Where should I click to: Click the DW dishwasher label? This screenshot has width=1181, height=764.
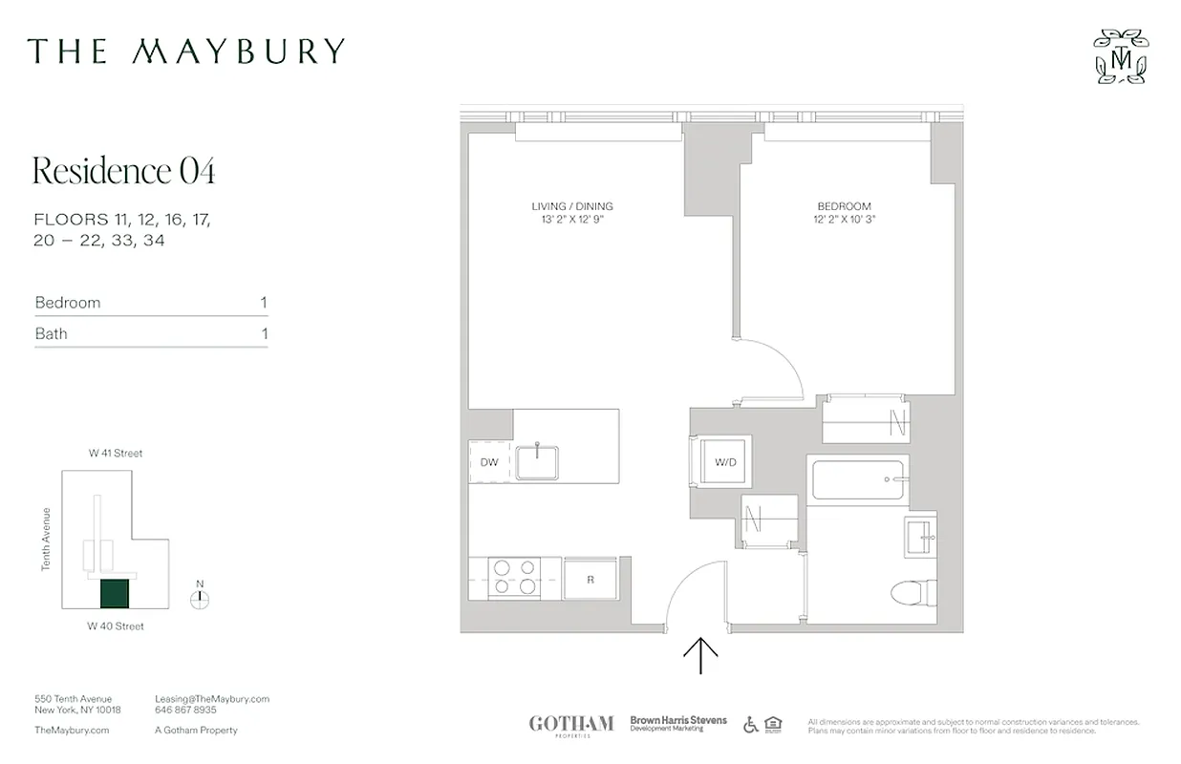point(489,463)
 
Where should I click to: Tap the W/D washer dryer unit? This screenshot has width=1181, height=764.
point(725,462)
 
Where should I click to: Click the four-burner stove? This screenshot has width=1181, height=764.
point(513,577)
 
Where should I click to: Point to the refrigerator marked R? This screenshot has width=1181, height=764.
point(590,578)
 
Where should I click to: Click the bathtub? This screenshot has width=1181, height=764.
point(857,480)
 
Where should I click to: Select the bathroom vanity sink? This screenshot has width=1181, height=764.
point(919,538)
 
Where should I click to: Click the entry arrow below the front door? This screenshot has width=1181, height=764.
point(701,656)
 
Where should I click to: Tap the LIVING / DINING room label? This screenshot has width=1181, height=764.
point(572,206)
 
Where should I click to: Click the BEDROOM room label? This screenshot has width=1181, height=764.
point(844,206)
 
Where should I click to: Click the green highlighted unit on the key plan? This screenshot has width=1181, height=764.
point(115,594)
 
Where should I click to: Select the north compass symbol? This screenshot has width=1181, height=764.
point(200,600)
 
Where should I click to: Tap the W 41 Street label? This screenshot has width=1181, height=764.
point(116,454)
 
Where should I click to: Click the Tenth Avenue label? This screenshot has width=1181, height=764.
point(46,539)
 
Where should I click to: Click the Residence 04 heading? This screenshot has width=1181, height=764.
point(124,171)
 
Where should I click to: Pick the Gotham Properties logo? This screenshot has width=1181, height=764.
point(571,725)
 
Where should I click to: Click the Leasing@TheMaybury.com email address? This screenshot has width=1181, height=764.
point(212,699)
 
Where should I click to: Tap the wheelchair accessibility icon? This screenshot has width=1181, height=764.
point(751,725)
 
